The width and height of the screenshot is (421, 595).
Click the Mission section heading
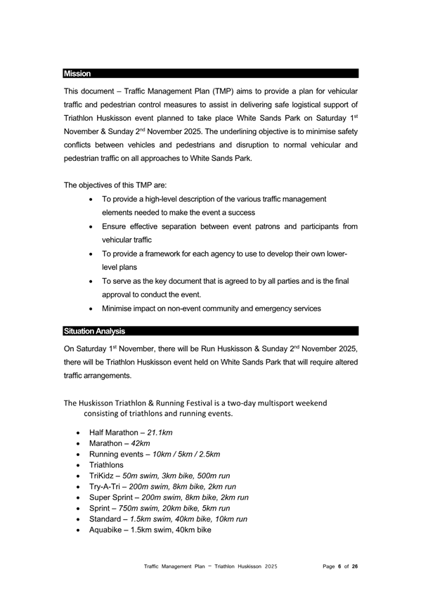(x=76, y=73)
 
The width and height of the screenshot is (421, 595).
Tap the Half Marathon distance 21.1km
(x=164, y=433)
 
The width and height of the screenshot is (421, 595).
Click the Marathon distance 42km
(x=144, y=445)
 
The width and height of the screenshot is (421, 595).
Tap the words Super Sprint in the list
(x=114, y=497)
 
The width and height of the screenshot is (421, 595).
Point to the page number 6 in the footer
(x=338, y=565)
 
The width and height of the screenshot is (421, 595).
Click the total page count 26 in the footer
(x=355, y=565)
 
